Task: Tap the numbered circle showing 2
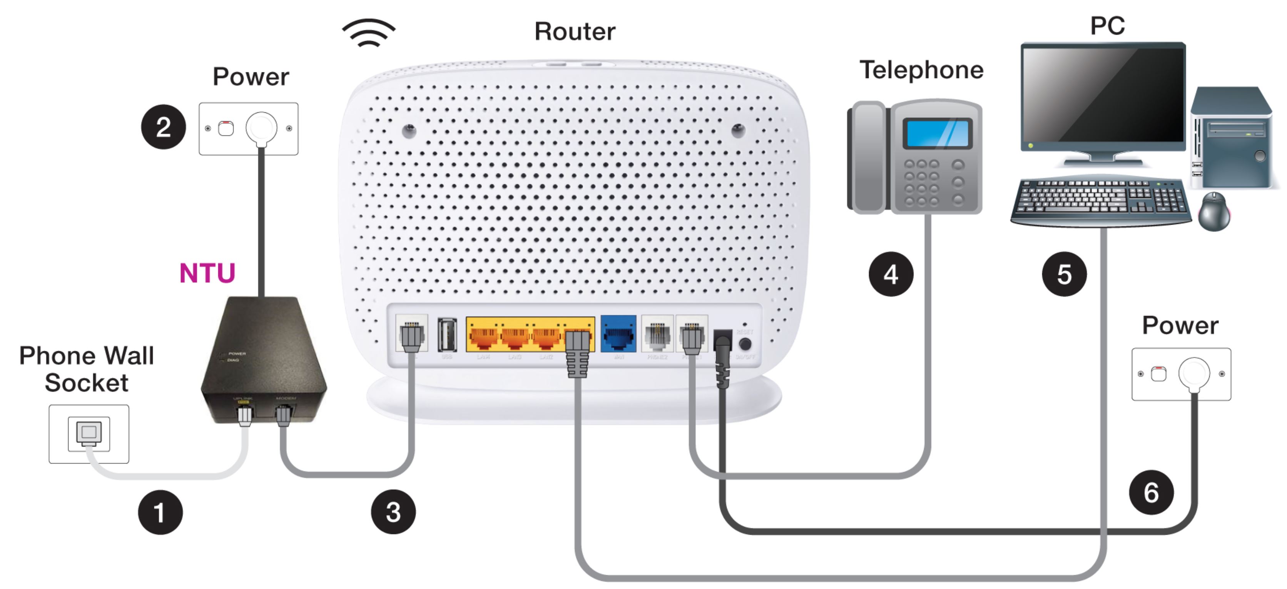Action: [x=163, y=127]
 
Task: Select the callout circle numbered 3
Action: [x=393, y=512]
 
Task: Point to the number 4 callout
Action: [x=891, y=274]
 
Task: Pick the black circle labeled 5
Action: [x=1064, y=274]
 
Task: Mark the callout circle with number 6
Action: [x=1151, y=492]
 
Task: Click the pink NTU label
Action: [x=207, y=273]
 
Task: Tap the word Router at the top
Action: [x=575, y=32]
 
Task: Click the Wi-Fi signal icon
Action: [x=369, y=33]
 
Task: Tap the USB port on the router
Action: [x=447, y=335]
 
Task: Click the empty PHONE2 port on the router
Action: [x=657, y=335]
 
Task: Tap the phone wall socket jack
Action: [x=89, y=433]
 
